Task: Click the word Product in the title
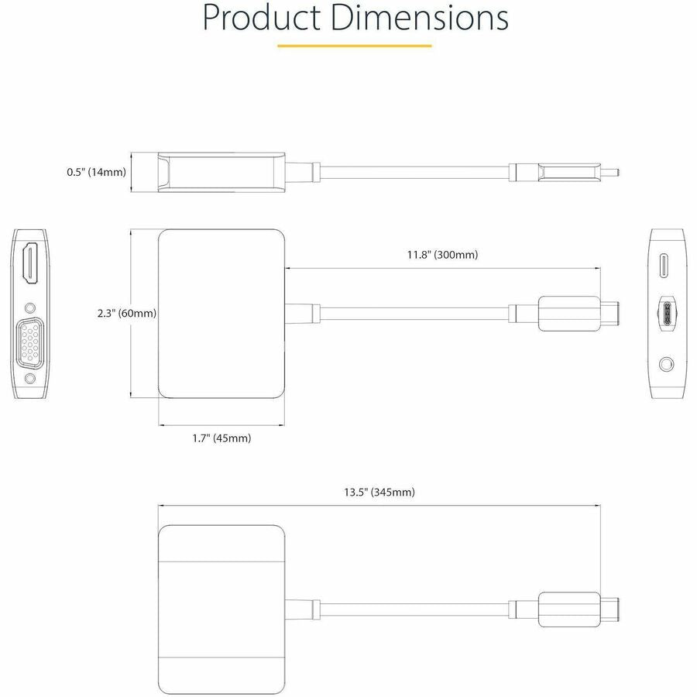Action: click(x=260, y=19)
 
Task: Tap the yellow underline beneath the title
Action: click(x=354, y=46)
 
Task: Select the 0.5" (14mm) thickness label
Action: click(x=96, y=172)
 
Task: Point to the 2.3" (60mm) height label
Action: click(x=127, y=314)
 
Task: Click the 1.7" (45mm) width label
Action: click(x=221, y=438)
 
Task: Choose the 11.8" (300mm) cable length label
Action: click(x=442, y=255)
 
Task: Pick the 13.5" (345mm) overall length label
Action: click(x=379, y=493)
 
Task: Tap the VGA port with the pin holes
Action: click(x=31, y=342)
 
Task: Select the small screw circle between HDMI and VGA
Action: click(x=31, y=307)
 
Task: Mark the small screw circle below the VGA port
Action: click(x=31, y=379)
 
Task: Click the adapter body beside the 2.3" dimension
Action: click(x=221, y=314)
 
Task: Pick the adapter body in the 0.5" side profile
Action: click(x=221, y=171)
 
